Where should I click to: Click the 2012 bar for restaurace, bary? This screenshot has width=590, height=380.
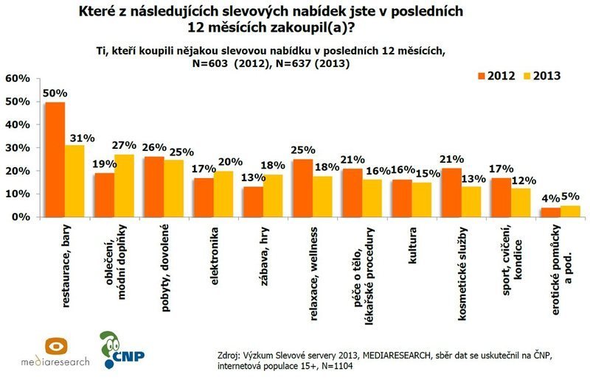(x=55, y=160)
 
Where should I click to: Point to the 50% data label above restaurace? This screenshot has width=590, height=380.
(x=55, y=94)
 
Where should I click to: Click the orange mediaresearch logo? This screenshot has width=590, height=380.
(x=58, y=348)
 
